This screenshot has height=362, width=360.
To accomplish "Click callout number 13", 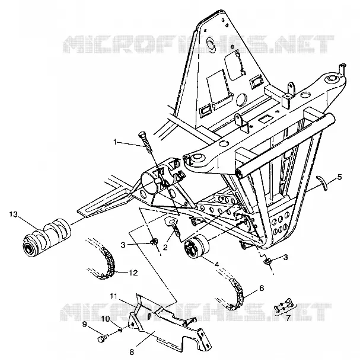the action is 14,214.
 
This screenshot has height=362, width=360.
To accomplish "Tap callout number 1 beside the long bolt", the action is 115,142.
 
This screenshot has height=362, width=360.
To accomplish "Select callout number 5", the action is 339,177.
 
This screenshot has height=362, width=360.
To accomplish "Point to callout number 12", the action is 133,273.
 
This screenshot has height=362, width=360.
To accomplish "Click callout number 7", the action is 288,318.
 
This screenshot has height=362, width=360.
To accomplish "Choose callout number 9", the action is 85,324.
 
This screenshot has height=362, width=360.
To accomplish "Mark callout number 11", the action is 114,296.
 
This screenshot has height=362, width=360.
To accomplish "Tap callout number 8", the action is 132,353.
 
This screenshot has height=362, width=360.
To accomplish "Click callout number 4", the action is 216,264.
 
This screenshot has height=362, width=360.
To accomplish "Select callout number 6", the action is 262,288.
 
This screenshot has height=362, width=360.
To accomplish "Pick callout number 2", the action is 165,247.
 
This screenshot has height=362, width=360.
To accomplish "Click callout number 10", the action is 106,319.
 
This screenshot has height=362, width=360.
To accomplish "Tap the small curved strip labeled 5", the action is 322,183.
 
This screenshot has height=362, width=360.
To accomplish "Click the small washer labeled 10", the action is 120,330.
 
